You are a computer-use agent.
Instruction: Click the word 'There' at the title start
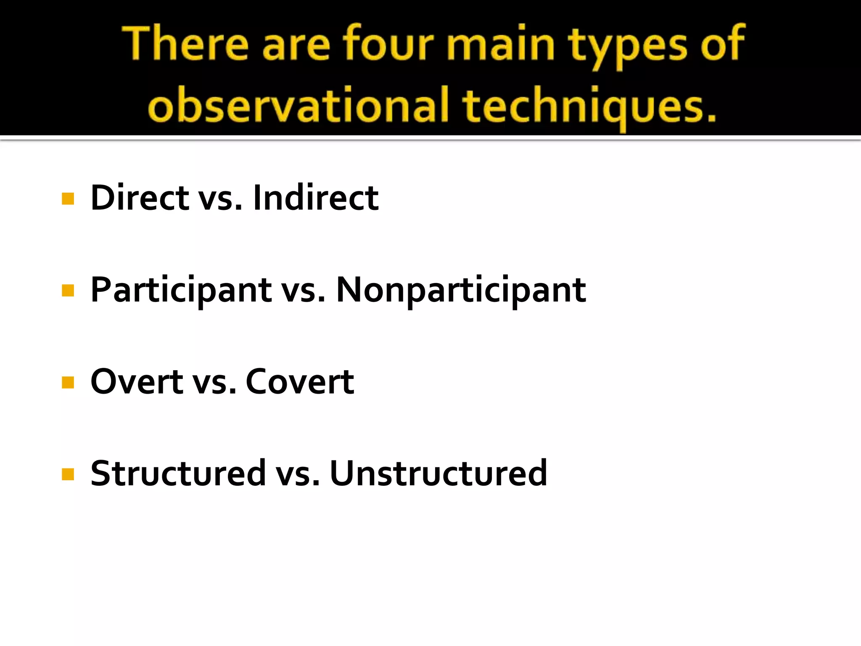tap(185, 45)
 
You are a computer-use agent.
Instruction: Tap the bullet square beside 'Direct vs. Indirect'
tap(68, 199)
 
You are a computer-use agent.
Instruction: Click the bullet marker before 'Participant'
tap(68, 291)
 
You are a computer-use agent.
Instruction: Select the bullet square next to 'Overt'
tap(68, 382)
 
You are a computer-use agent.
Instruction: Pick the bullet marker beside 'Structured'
tap(68, 474)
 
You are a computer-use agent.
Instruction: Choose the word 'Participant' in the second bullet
tap(181, 290)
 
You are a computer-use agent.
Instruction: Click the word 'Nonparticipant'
tap(461, 290)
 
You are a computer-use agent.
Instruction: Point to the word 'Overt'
tap(137, 382)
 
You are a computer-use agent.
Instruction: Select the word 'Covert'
tap(300, 382)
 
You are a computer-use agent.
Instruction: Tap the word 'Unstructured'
tap(438, 474)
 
